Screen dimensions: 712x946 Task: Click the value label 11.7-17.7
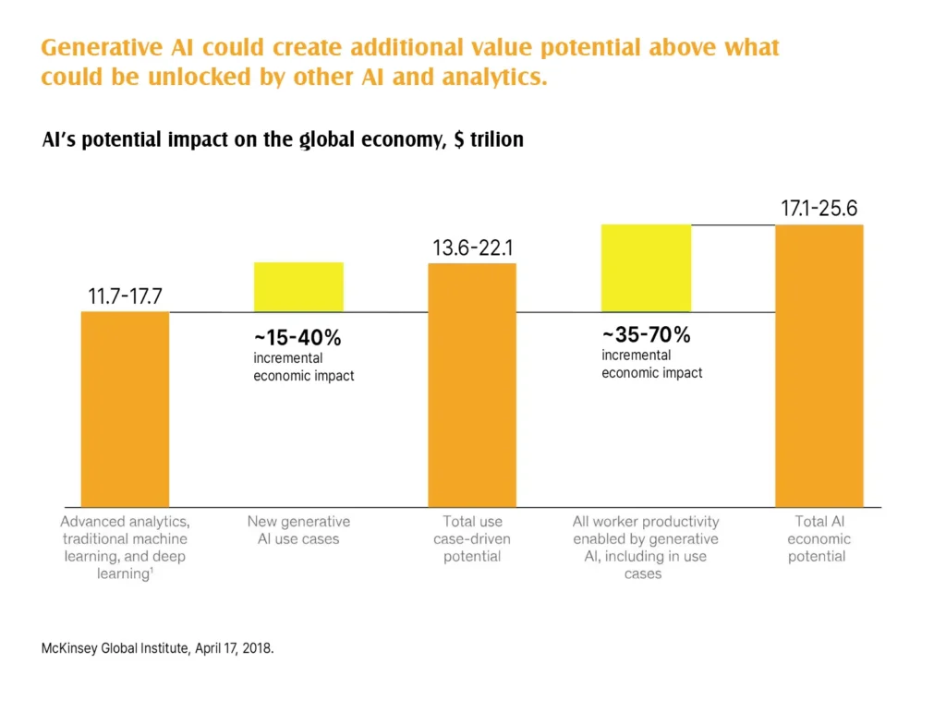(x=125, y=297)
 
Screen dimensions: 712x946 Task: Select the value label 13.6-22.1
(x=472, y=248)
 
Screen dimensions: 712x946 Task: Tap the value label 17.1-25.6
(x=819, y=210)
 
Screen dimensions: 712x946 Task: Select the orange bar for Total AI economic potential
(x=819, y=366)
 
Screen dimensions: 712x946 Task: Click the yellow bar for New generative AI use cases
(x=298, y=287)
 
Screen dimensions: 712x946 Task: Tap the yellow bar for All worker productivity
(x=646, y=268)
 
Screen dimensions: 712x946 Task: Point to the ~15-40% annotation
(x=297, y=338)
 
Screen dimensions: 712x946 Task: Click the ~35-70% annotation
(x=646, y=335)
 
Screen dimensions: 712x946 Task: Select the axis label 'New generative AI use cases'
(x=298, y=530)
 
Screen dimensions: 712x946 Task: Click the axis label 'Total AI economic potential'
(x=818, y=539)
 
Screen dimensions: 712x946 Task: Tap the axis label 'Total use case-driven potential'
(x=472, y=539)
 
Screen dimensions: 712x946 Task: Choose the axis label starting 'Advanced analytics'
(x=125, y=548)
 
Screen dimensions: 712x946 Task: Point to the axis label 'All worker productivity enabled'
(x=645, y=548)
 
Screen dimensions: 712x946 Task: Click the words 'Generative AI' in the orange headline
(x=110, y=47)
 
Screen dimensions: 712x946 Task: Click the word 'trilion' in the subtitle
(x=497, y=140)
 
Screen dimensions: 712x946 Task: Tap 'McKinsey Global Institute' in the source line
(x=115, y=649)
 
